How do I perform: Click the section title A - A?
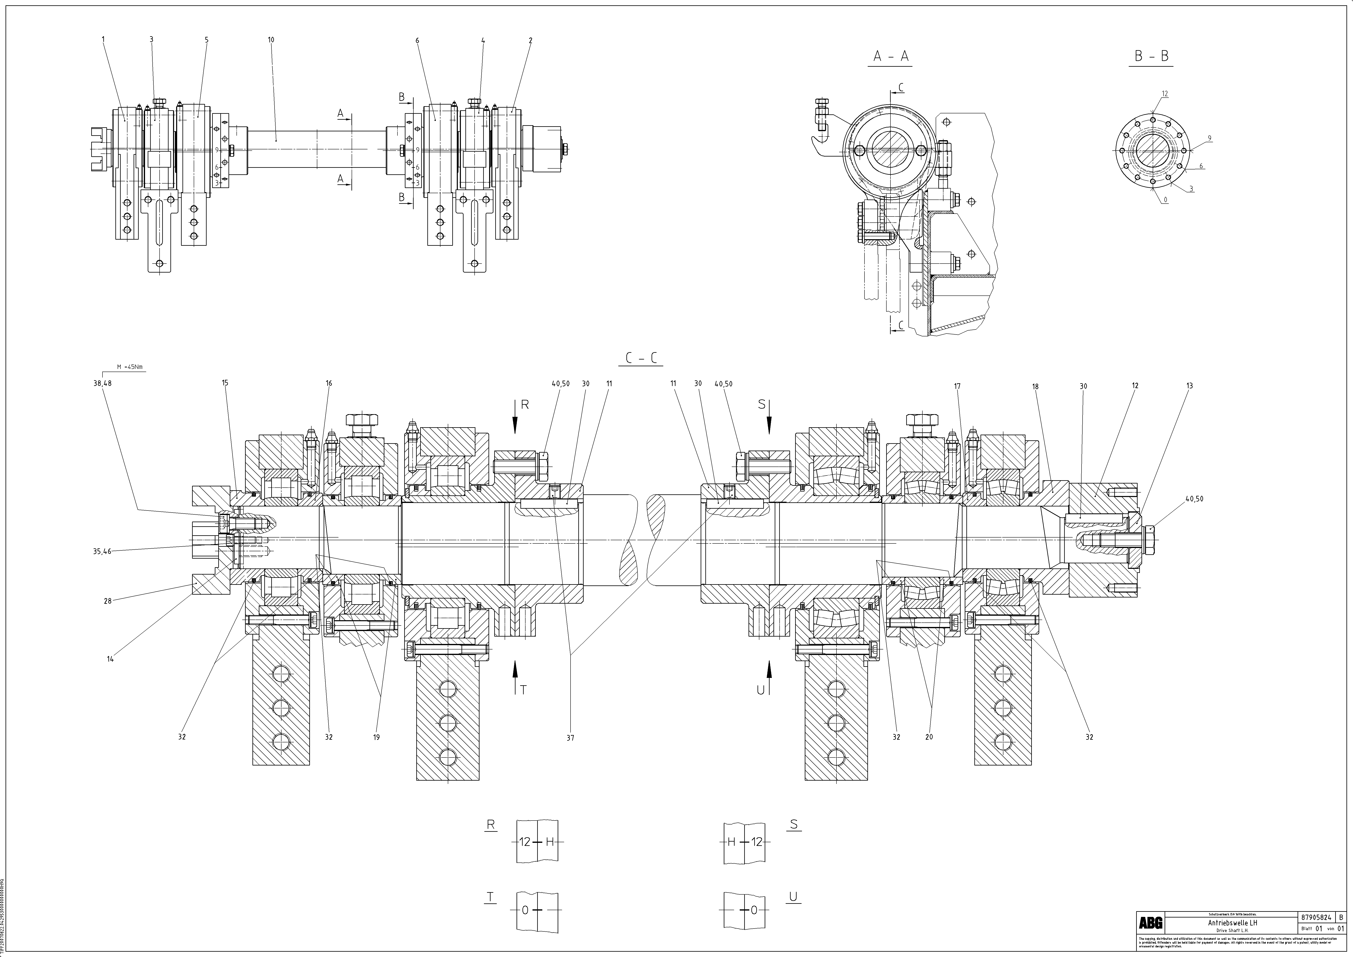coord(890,56)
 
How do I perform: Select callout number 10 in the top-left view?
coord(271,40)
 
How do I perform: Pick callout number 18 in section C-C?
coord(1035,387)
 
